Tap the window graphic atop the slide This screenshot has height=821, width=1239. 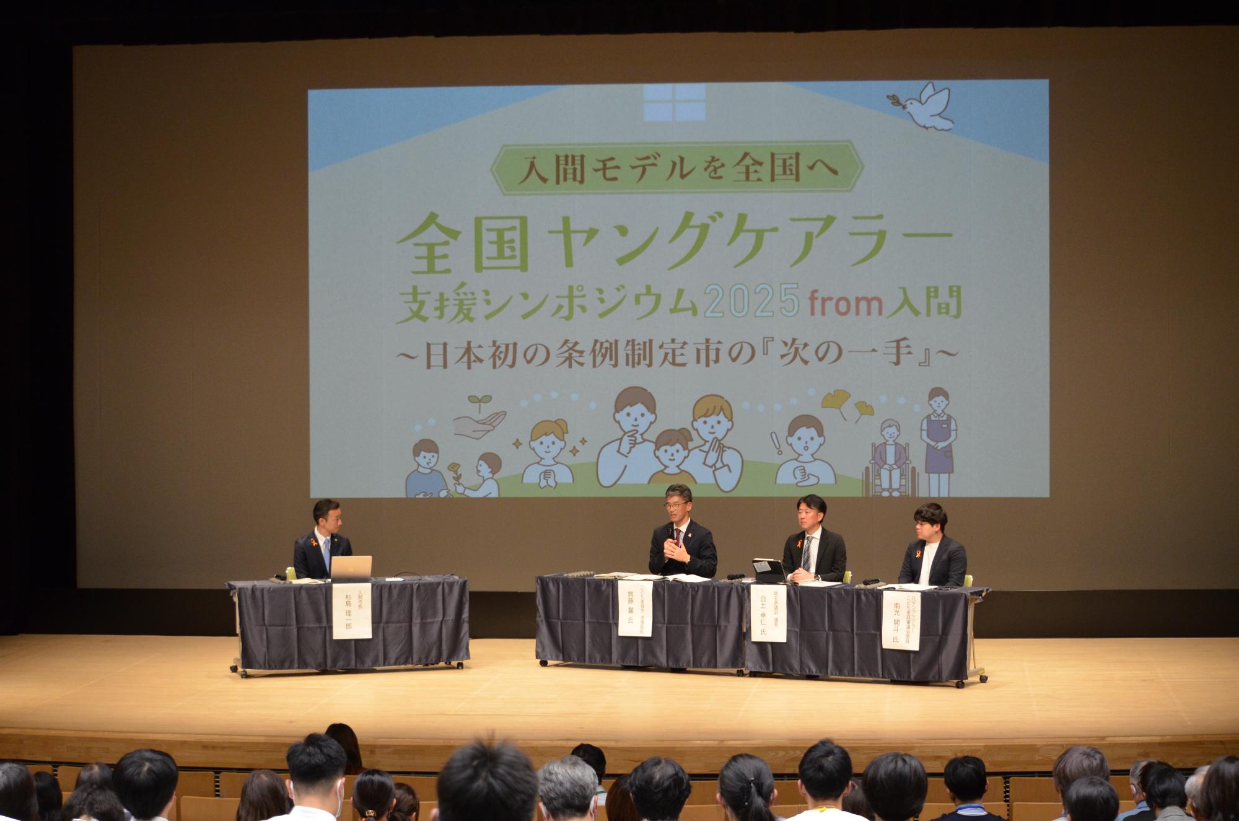tap(675, 102)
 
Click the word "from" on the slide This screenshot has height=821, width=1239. tap(836, 304)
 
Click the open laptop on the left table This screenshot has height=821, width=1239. tap(351, 567)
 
